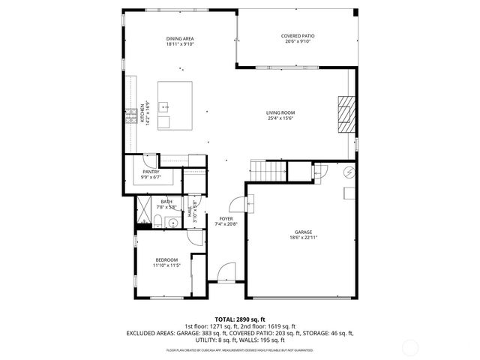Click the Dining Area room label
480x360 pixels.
(180, 37)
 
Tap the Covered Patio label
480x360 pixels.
(297, 35)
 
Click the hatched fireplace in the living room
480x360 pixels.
(344, 114)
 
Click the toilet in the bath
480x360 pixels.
(159, 220)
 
